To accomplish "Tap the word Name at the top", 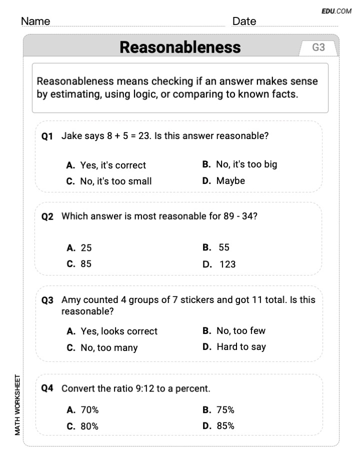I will click(35, 21).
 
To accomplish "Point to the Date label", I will click(244, 21).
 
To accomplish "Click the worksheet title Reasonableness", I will click(180, 47).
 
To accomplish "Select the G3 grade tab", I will click(318, 47).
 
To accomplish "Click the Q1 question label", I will click(47, 135).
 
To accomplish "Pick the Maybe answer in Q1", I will click(230, 181).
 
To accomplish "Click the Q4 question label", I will click(47, 388).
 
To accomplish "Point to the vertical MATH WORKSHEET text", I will click(18, 404).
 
